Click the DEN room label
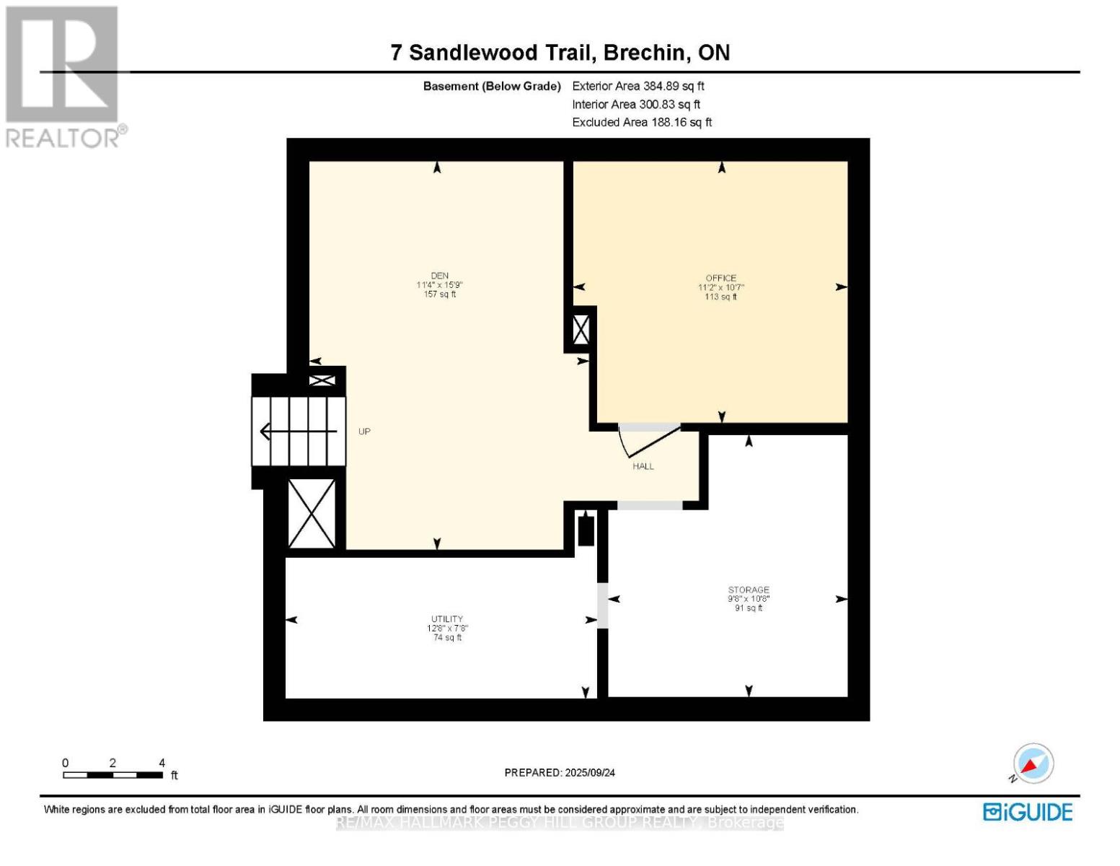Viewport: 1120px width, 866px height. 440,276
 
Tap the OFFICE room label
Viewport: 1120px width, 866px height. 720,278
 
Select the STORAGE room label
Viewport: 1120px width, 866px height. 748,590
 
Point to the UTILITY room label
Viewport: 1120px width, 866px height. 447,619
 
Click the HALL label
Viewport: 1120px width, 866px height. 643,466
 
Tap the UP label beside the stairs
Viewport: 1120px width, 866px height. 364,432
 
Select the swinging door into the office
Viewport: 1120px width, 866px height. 648,440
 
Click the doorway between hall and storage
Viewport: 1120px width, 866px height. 649,505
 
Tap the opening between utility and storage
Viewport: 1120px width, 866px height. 603,605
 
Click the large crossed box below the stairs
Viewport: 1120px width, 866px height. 312,513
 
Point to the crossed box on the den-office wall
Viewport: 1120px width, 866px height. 581,331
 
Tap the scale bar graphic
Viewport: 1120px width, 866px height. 113,775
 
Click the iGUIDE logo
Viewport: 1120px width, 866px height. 1028,812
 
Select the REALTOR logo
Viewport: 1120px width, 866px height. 63,76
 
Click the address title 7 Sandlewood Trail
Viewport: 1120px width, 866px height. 560,53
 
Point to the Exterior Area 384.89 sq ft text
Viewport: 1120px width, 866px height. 638,86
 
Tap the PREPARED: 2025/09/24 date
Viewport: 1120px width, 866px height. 560,772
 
